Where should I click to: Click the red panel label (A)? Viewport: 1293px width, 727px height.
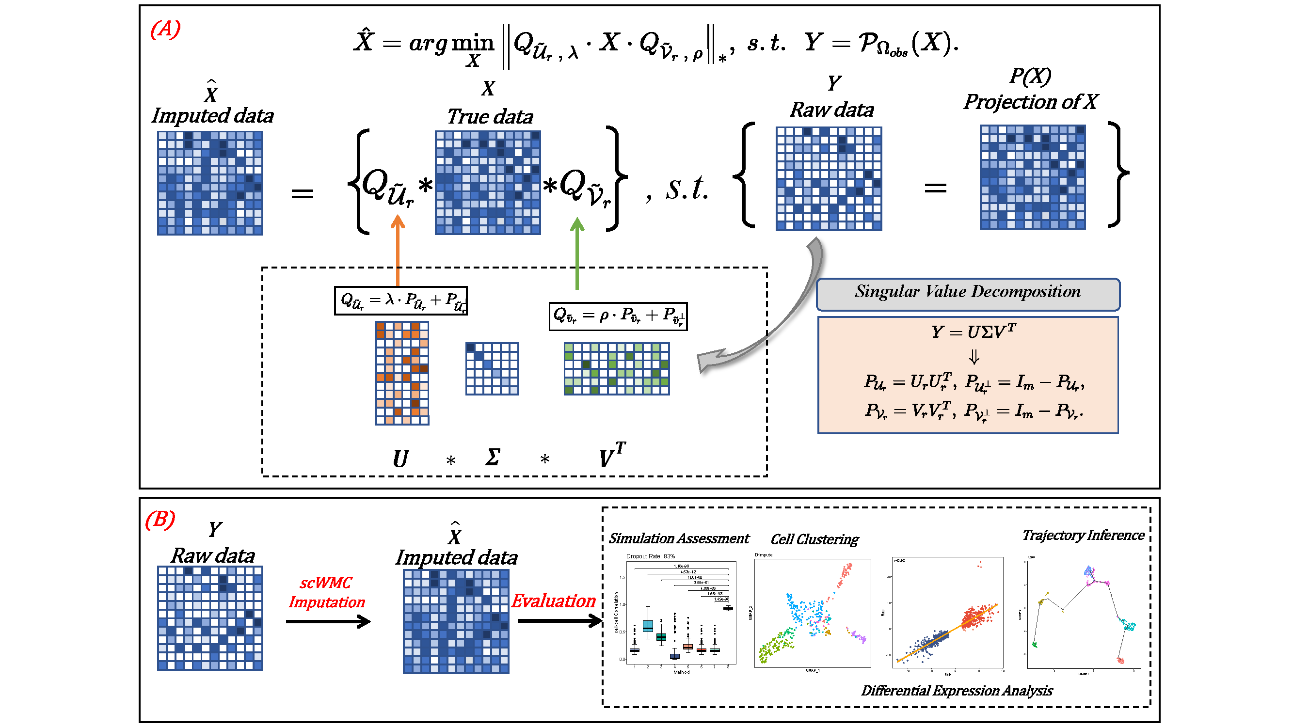coord(165,29)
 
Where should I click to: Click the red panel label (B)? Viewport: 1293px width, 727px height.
coord(160,519)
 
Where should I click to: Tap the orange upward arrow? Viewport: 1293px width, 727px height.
coord(398,251)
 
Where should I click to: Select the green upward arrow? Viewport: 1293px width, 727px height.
coord(577,253)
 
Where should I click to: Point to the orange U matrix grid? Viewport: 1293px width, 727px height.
coord(402,373)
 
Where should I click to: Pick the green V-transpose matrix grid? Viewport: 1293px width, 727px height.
coord(616,369)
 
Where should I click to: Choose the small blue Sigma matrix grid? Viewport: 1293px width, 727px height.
coord(492,369)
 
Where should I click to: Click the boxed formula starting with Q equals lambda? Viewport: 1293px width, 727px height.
coord(400,301)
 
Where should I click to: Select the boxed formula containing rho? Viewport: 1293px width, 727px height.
coord(618,316)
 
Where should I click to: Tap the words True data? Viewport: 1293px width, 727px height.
coord(490,117)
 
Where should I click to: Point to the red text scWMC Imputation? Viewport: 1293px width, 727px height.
coord(327,593)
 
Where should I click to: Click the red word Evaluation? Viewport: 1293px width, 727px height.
coord(553,601)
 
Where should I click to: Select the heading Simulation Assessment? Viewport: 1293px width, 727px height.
coord(679,539)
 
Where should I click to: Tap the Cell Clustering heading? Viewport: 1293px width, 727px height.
coord(814,540)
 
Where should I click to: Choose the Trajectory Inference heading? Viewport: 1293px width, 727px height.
coord(1083,536)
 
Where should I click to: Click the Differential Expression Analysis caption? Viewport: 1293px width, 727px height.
coord(957,691)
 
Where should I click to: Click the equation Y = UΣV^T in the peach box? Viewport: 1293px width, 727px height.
coord(973,332)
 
